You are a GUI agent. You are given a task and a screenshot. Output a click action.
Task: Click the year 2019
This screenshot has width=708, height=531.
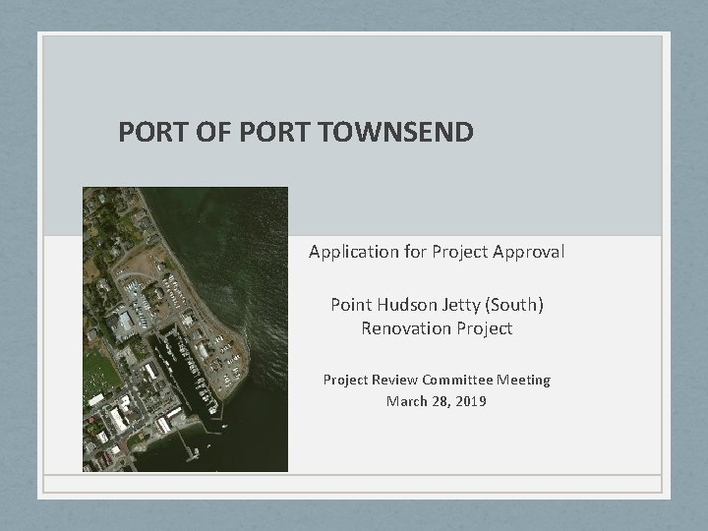tap(470, 401)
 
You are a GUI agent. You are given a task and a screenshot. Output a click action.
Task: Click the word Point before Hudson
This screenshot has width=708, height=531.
tap(351, 305)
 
